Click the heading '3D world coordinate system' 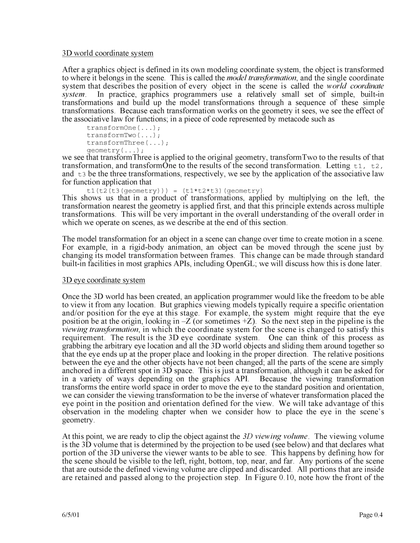[107, 53]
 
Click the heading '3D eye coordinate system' [103, 280]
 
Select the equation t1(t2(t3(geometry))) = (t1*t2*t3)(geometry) [175, 190]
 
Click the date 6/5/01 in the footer [71, 515]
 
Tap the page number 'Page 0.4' [371, 515]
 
